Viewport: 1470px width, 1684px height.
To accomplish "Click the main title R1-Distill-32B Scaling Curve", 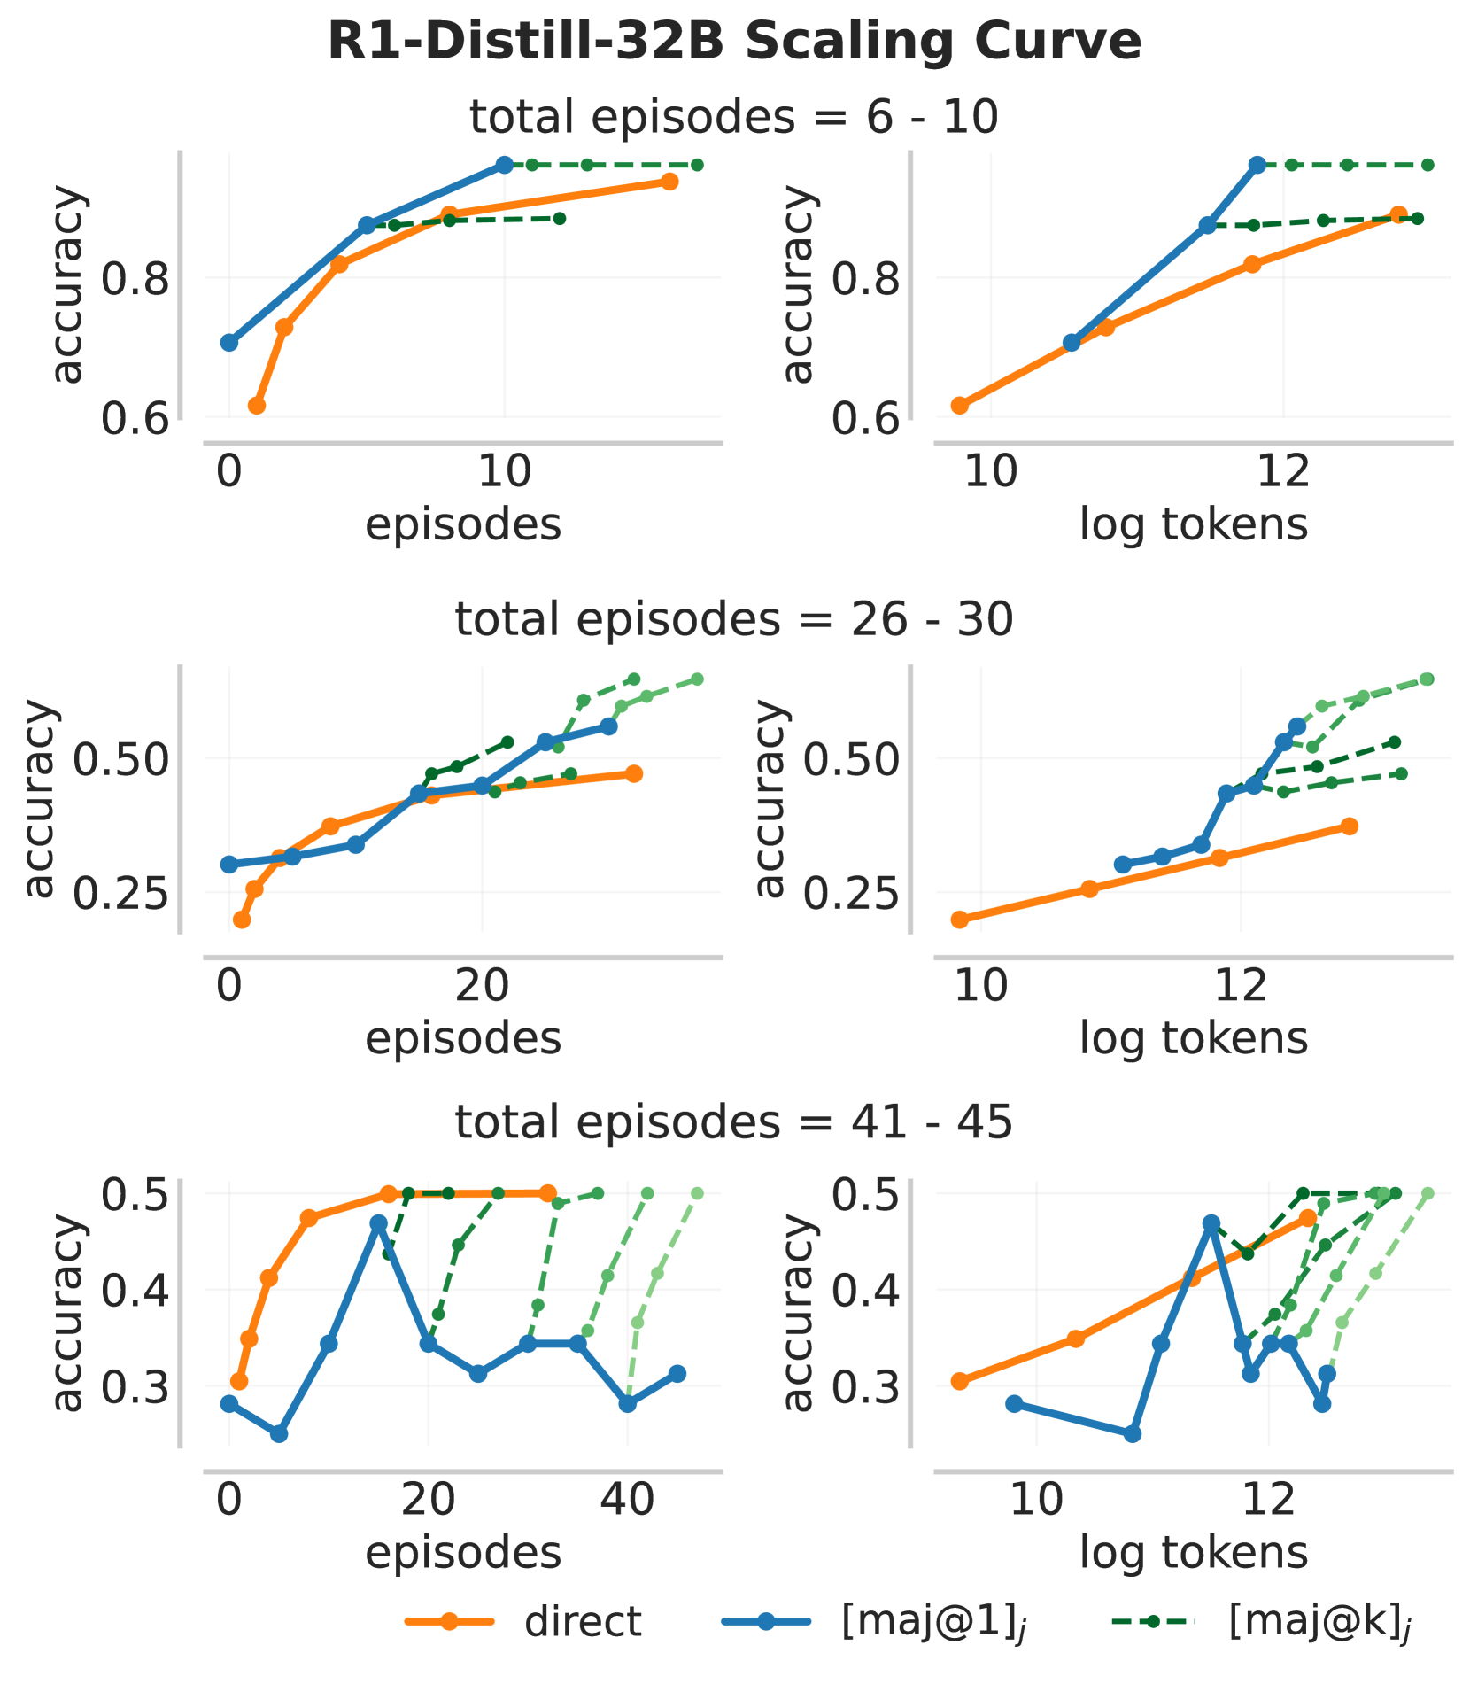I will pos(734,42).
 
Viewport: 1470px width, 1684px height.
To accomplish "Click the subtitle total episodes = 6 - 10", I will pos(734,117).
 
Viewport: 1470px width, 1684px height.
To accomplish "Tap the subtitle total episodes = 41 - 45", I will pos(734,1122).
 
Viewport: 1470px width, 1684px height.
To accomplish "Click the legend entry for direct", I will pos(582,1622).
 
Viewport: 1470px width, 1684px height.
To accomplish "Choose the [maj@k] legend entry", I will pos(1318,1622).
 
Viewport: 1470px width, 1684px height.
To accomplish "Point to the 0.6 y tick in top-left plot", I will pos(134,418).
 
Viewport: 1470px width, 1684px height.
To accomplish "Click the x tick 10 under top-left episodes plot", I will pos(504,472).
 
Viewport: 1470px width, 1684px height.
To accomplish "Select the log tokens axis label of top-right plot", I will pos(1193,524).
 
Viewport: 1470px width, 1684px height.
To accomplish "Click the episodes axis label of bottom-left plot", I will pos(463,1552).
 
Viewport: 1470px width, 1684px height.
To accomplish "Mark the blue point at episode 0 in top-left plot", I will pos(229,343).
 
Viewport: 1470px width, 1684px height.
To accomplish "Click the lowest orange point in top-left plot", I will pos(257,406).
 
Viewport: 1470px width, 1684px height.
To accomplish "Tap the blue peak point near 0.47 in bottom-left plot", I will pos(379,1223).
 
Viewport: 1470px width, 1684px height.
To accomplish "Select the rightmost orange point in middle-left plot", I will pos(633,773).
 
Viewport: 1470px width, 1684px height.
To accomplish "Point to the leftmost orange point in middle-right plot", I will pos(959,920).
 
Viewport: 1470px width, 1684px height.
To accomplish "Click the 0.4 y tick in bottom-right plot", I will pos(864,1290).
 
